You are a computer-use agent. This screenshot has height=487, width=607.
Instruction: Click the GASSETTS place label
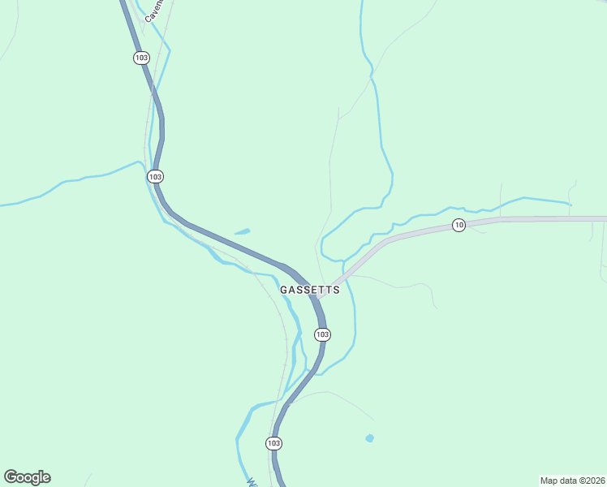coord(309,290)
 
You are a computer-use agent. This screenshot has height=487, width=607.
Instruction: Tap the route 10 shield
coord(458,225)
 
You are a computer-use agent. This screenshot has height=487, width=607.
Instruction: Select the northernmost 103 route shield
coord(141,58)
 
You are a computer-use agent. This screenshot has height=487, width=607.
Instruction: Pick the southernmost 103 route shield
coord(273,443)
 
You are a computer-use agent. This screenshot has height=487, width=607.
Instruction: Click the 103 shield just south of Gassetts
coord(322,334)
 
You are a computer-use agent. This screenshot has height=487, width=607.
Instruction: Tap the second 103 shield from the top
coord(156,176)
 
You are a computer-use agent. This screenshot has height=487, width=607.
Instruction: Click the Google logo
coord(27,477)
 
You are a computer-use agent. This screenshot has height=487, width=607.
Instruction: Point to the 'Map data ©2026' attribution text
coord(572,480)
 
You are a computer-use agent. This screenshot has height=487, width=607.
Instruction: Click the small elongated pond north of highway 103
coord(242,232)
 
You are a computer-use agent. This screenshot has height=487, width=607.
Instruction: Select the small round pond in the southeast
coord(370,438)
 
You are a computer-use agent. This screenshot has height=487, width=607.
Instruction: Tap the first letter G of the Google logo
coord(11,476)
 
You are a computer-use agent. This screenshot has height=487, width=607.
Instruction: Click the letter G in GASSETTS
coord(285,290)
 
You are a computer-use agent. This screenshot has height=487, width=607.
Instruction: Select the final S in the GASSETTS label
coord(335,290)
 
